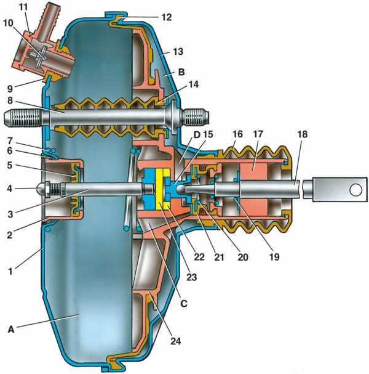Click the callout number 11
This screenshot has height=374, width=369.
(25, 7)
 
